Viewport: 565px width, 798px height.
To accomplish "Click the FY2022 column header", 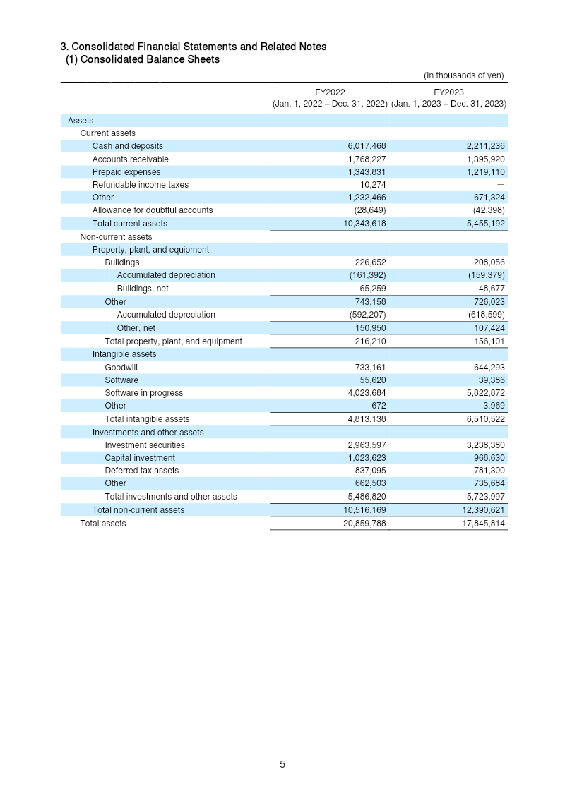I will coord(330,92).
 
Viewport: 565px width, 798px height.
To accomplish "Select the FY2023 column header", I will coord(448,92).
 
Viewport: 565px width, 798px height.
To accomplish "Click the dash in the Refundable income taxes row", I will coord(501,185).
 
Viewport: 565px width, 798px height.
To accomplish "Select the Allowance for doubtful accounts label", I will coord(153,210).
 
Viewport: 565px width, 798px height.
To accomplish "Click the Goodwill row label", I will coord(121,368).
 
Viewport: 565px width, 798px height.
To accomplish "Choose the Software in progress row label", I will coord(144,393).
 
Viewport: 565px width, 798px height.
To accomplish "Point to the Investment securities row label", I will coord(145,445).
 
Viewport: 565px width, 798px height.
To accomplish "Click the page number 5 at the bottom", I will coord(282,764).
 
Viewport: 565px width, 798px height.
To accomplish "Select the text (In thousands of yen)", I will coord(463,75).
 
